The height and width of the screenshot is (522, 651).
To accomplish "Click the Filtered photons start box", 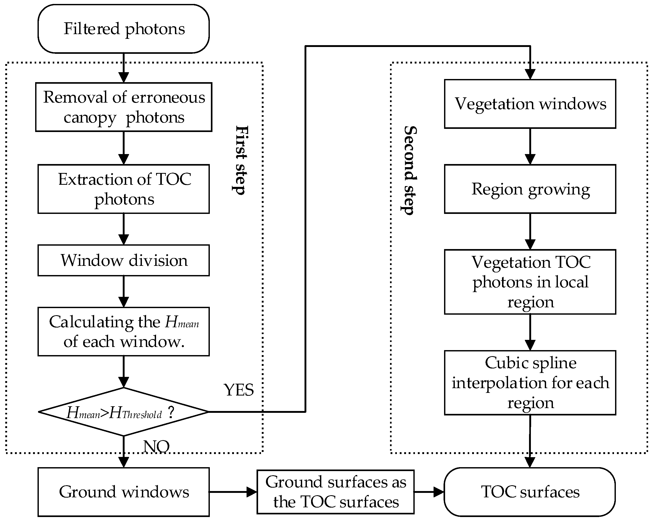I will coord(124,29).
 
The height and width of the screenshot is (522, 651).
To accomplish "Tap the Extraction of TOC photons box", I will coord(124,189).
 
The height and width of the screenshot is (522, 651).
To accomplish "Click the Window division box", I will coord(124,260).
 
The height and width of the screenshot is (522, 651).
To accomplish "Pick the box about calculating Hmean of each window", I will coord(124,331).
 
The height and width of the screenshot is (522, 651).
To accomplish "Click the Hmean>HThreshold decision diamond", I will coord(124,412).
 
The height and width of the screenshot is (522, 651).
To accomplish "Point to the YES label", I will coord(238,390).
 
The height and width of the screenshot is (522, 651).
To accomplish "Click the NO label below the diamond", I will coord(156,446).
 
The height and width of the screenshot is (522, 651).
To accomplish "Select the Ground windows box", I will coord(124,492).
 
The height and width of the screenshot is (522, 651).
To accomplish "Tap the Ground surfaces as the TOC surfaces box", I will coord(335,492).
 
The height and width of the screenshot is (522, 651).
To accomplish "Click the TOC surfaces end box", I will coord(530,492).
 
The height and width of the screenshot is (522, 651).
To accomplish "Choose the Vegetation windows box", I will coord(530,104).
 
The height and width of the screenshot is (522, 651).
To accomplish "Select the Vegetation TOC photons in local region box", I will coord(530,282).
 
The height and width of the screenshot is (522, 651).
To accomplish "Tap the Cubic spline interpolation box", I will coord(530,382).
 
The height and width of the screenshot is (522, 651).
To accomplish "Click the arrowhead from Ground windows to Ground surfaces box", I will coord(252,492).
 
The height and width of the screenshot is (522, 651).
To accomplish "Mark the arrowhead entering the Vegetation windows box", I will coord(530,74).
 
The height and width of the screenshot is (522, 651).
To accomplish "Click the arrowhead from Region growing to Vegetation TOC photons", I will coord(530,244).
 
